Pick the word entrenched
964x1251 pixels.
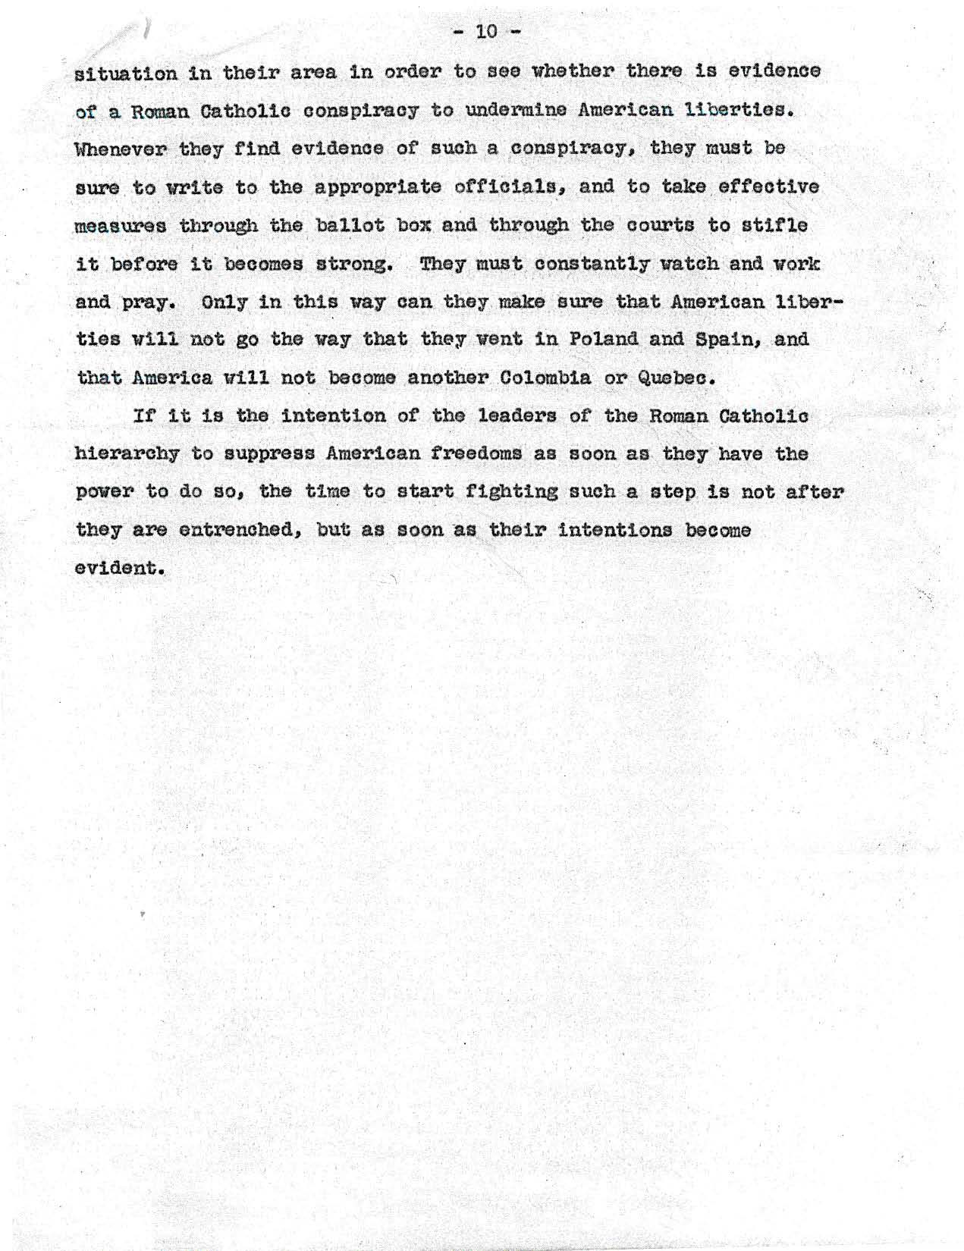coord(243,531)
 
